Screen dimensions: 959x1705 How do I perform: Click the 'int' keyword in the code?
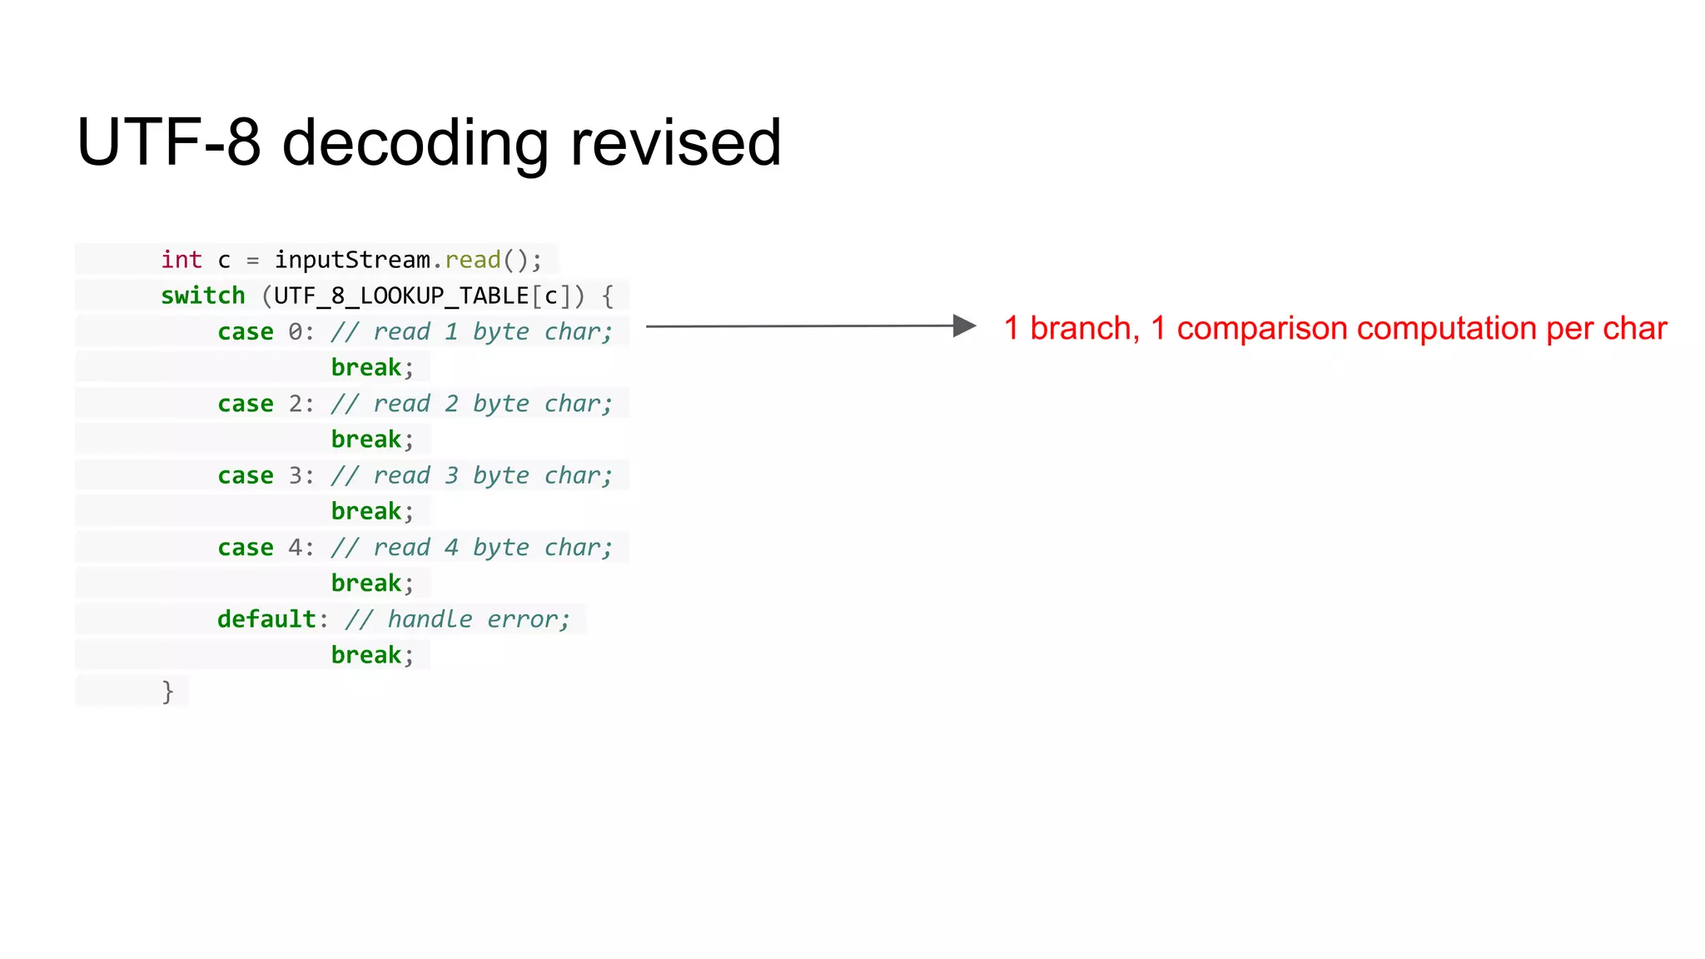tap(181, 260)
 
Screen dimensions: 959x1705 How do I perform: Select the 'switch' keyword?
tap(203, 296)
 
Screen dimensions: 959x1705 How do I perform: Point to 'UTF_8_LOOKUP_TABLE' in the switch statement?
tap(401, 296)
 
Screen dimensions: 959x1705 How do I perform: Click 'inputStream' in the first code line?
tap(352, 260)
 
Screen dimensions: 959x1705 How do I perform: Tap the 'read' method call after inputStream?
tap(473, 260)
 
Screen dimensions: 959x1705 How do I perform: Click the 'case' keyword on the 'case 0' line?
tap(246, 331)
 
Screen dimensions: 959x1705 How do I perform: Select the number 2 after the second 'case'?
tap(296, 404)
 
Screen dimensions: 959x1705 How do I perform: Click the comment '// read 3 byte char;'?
tap(471, 475)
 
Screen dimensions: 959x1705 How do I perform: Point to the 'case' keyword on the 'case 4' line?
tap(246, 547)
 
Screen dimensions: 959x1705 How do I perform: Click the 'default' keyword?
tap(266, 619)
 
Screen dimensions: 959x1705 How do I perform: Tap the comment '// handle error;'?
tap(457, 619)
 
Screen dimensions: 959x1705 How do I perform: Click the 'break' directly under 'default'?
tap(366, 655)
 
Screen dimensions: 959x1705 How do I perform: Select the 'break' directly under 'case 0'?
tap(366, 367)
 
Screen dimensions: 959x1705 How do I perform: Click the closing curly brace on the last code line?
tap(167, 691)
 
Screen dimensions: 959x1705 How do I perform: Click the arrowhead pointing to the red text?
tap(964, 325)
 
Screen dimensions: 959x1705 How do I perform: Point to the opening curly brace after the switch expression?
tap(607, 296)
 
